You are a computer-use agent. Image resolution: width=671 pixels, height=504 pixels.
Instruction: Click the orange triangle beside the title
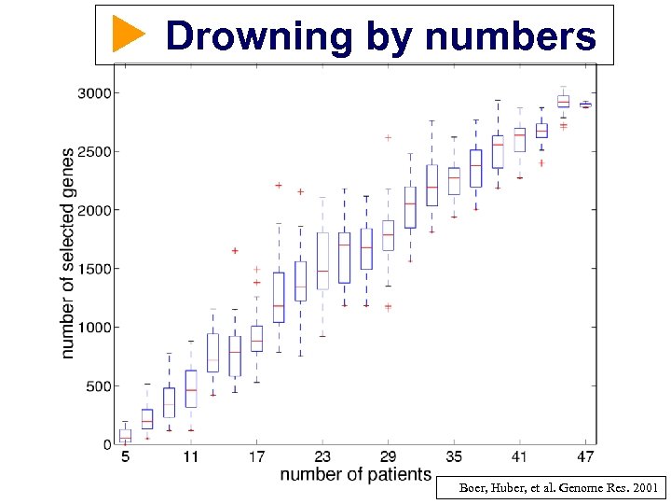[129, 35]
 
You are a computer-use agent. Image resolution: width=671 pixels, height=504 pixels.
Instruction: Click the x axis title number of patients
[356, 475]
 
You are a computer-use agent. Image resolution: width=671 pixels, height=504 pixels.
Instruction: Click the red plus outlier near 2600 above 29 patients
[389, 138]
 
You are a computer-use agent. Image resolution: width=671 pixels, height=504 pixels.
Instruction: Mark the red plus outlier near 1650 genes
[235, 250]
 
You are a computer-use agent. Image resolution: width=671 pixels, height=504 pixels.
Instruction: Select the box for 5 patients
[125, 435]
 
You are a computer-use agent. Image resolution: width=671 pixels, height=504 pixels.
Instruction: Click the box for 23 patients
[322, 260]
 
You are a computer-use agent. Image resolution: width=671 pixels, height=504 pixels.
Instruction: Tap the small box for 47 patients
[585, 105]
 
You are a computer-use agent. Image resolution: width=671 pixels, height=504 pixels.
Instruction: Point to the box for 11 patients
[191, 388]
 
